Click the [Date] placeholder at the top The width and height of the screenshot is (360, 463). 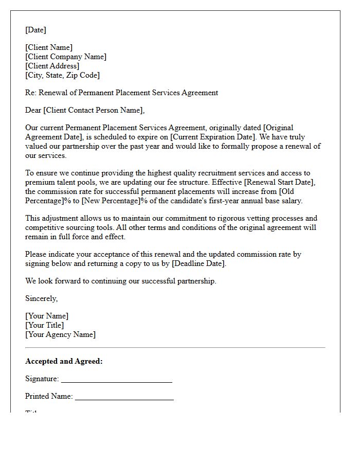[x=35, y=30]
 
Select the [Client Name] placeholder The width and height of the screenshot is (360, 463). [x=49, y=48]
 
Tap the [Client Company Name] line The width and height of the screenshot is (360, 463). [x=66, y=57]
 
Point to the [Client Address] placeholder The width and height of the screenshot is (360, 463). [x=52, y=66]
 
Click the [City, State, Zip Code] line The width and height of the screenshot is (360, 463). [x=62, y=75]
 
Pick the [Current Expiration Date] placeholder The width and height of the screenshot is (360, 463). [x=211, y=137]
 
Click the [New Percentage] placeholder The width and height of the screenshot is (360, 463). [x=107, y=201]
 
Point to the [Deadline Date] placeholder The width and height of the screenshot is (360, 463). [x=198, y=263]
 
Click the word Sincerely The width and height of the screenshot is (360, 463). [x=41, y=298]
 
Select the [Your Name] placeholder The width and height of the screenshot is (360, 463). [x=47, y=316]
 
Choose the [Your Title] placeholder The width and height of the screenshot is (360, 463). [x=45, y=325]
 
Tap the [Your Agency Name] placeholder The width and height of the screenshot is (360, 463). [x=60, y=334]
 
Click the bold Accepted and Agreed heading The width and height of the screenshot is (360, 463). [x=64, y=361]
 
